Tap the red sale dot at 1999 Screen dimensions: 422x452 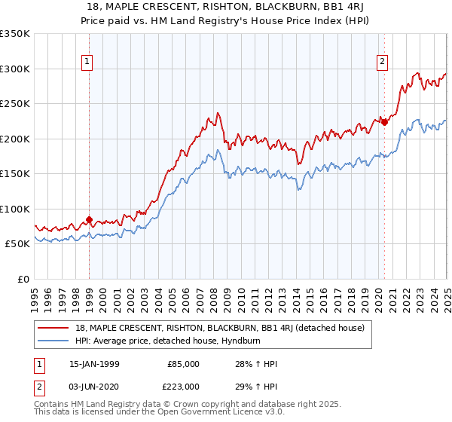89,220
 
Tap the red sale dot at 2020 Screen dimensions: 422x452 384,122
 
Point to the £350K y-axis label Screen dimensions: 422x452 15,34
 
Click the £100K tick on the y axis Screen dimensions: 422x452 15,209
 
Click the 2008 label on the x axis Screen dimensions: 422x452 215,295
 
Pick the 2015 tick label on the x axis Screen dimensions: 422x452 310,295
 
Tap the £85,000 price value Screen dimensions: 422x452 183,364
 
